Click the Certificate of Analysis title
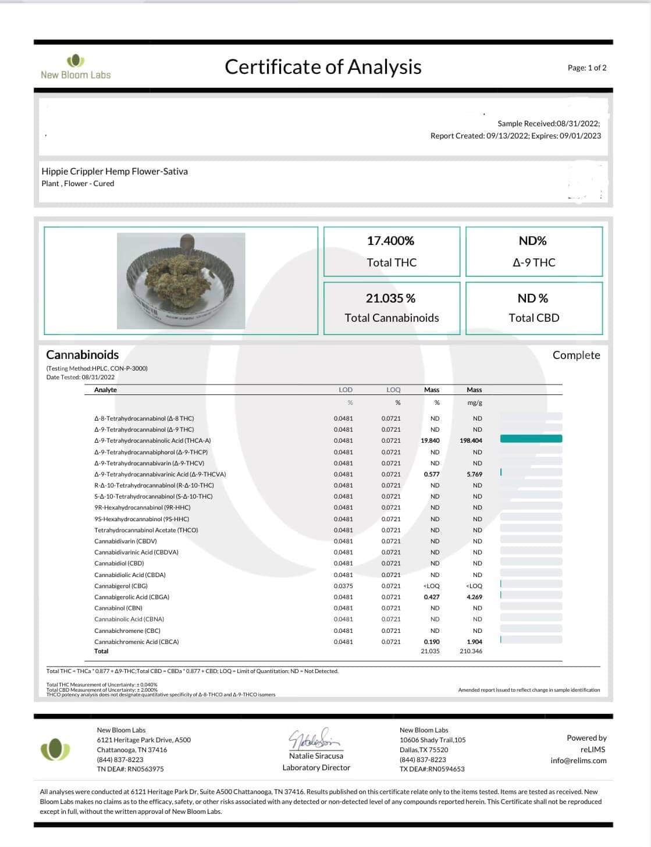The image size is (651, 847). [x=323, y=67]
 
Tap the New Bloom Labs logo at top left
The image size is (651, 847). [x=76, y=67]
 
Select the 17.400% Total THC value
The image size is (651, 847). [x=390, y=241]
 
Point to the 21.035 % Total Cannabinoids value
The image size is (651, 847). [x=390, y=298]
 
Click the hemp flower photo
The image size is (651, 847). [x=181, y=281]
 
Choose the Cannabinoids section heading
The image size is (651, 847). [x=82, y=355]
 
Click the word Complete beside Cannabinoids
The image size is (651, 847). [x=576, y=355]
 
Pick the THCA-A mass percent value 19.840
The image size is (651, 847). [x=430, y=440]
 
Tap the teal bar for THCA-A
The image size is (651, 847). [x=531, y=439]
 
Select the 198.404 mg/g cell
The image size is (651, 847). [x=471, y=440]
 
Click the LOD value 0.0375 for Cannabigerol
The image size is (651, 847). [x=343, y=586]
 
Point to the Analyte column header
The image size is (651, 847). [x=105, y=390]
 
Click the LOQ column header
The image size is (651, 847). [x=393, y=390]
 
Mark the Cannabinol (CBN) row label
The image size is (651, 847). [x=118, y=608]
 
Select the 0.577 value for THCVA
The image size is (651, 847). [x=432, y=474]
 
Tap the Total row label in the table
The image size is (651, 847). [x=101, y=651]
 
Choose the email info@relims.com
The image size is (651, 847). [x=578, y=760]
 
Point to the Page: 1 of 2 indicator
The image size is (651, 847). [x=587, y=68]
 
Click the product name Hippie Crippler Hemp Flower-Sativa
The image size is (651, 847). [x=115, y=171]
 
